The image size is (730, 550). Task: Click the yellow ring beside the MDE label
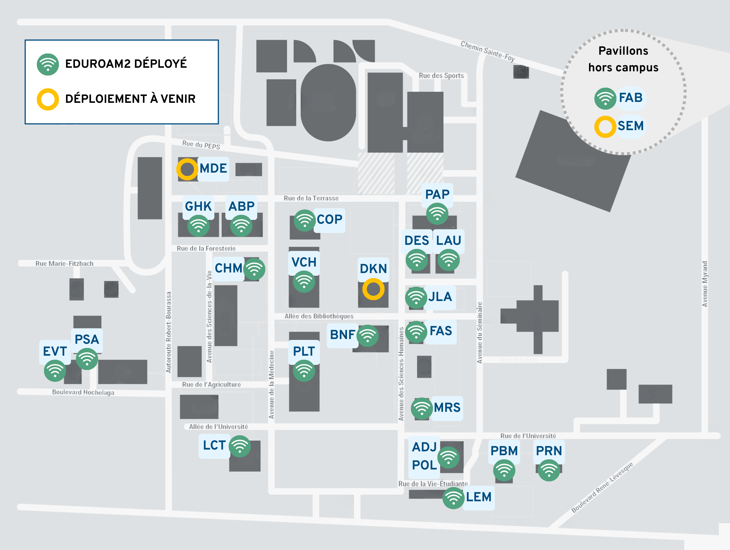pos(187,169)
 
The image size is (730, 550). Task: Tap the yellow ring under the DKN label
pos(373,289)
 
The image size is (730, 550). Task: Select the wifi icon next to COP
pos(304,220)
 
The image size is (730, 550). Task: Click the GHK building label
pos(198,207)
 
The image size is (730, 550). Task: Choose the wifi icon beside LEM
pos(453,498)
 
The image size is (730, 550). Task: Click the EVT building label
pos(55,352)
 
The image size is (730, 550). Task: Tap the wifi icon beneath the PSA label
pos(87,359)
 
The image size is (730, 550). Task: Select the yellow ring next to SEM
pos(605,127)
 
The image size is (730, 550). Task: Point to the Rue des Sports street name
pos(441,76)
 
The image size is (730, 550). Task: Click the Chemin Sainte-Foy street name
pos(487,51)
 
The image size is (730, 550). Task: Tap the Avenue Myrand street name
pos(705,284)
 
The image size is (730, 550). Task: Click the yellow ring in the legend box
pos(48,99)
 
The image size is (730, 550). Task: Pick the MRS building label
pos(447,408)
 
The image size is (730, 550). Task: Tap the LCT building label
pos(214,445)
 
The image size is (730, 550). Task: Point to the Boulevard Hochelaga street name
pos(83,393)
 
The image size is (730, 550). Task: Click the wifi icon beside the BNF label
pos(367,336)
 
